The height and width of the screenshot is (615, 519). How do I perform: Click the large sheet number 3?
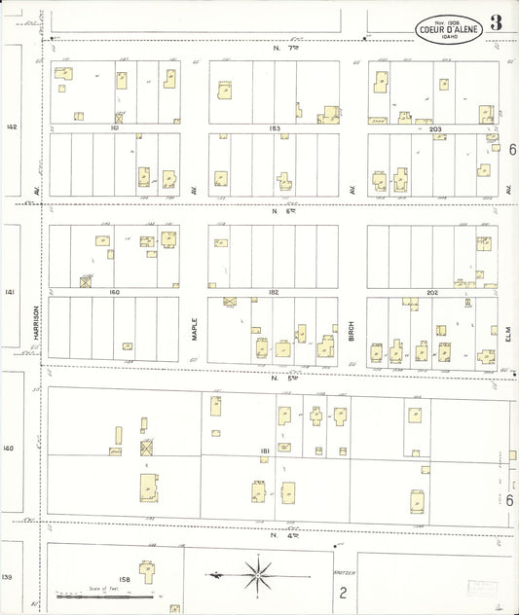tap(497, 23)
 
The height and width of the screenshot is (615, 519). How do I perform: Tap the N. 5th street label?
tap(281, 376)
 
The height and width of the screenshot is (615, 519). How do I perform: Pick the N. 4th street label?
tap(280, 534)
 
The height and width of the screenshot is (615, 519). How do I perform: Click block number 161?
tap(114, 128)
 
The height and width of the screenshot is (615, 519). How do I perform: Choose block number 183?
tap(275, 128)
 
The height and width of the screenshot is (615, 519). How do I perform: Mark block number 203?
tap(434, 128)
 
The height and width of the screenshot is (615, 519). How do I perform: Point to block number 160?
tap(114, 292)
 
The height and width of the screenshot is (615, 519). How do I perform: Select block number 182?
tap(275, 292)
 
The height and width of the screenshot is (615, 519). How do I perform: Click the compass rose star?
tap(259, 573)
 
